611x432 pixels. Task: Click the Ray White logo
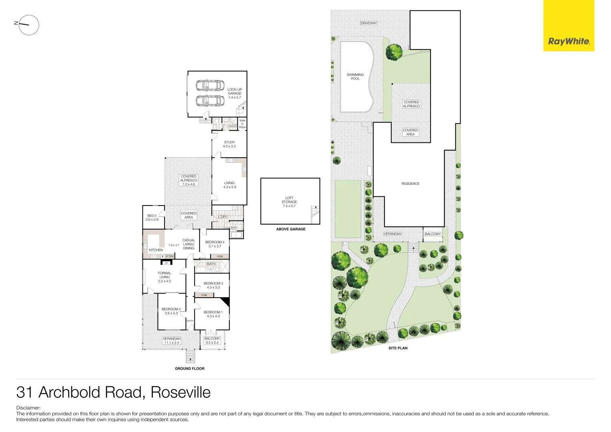click(569, 41)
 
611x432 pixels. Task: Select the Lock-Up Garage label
click(234, 93)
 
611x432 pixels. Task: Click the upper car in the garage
click(210, 85)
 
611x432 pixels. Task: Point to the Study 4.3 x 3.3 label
click(229, 144)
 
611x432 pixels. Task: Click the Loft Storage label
click(289, 202)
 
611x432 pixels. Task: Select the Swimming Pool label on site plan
click(355, 76)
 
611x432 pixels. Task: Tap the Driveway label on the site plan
click(369, 23)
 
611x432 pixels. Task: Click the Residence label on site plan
click(410, 184)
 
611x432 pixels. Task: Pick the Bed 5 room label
click(152, 218)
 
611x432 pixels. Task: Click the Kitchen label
click(156, 250)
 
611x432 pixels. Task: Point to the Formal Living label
click(164, 277)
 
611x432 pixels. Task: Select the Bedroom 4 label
click(215, 244)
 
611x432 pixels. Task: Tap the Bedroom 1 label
click(213, 314)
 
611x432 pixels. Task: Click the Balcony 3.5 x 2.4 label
click(212, 340)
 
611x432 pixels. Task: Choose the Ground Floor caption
click(189, 368)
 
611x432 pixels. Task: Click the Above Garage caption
click(290, 229)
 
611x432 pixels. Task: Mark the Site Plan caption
click(398, 348)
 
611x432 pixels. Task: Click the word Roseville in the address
click(180, 392)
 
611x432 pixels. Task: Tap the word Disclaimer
click(28, 408)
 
